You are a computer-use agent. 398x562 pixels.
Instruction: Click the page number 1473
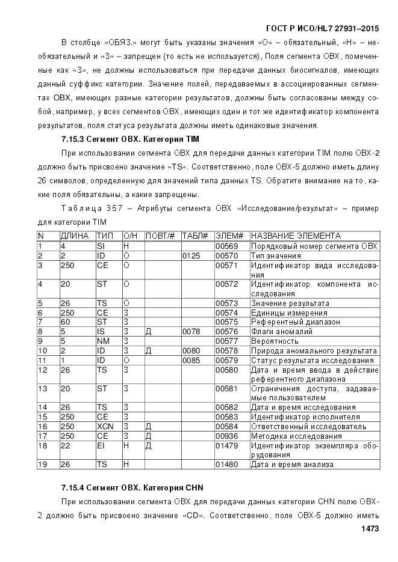click(x=367, y=528)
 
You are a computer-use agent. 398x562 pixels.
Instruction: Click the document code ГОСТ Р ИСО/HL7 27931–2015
click(x=322, y=29)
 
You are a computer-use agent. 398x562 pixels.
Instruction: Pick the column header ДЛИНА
click(x=75, y=236)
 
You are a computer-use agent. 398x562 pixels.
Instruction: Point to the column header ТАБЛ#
click(x=195, y=236)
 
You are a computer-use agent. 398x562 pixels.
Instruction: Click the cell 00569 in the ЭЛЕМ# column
click(x=225, y=246)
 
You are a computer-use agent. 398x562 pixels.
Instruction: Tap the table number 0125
click(x=191, y=255)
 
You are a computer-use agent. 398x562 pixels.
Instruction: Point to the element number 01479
click(x=225, y=445)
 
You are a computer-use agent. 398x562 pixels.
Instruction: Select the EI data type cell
click(x=101, y=445)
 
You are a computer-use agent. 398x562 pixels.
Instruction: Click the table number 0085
click(x=191, y=360)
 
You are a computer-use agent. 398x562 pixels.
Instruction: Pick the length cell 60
click(x=65, y=322)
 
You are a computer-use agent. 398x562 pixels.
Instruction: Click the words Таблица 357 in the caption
click(x=87, y=208)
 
